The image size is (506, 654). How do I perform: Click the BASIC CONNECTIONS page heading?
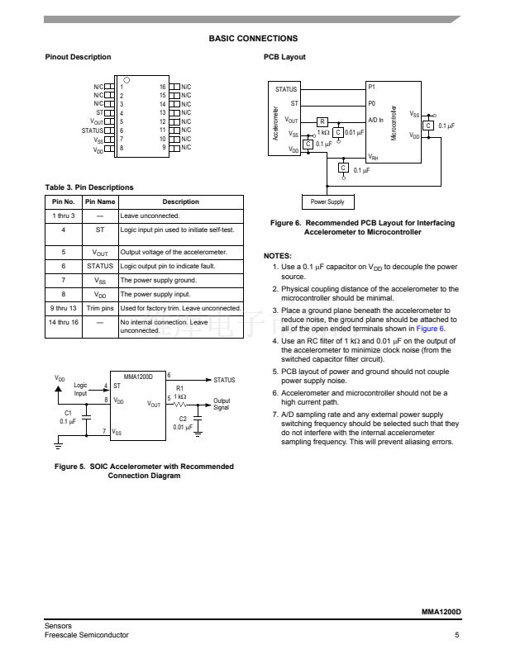tap(253, 39)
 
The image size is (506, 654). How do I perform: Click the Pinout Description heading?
tap(78, 57)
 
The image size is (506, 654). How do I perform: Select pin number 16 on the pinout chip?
tap(163, 87)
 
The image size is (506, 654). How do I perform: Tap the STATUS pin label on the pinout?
tap(93, 130)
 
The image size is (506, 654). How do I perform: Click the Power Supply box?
tap(327, 201)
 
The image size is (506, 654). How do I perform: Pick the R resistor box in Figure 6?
tap(322, 122)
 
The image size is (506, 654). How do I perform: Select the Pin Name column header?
tap(100, 201)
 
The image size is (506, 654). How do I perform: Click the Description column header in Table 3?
tap(180, 201)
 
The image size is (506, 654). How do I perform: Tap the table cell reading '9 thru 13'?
tap(63, 308)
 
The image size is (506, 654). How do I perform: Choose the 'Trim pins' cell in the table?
tap(100, 308)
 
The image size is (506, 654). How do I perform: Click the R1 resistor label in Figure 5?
tap(180, 388)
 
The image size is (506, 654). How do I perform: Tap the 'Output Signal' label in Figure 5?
tap(222, 404)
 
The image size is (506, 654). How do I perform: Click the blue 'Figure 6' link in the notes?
tap(430, 329)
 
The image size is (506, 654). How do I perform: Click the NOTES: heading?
tap(277, 256)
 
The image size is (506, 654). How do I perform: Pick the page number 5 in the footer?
tap(456, 635)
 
